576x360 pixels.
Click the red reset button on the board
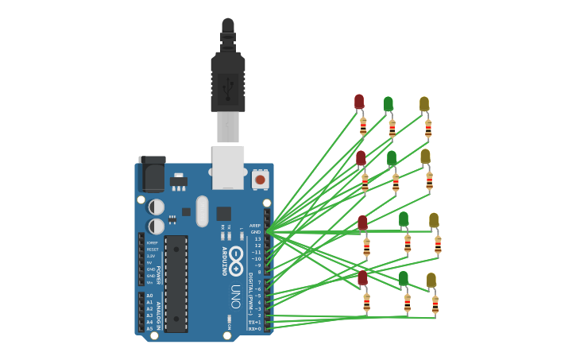260,179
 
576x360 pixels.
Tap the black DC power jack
152,174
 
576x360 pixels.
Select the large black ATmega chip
176,283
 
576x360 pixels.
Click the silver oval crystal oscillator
202,211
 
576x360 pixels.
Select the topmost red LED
359,102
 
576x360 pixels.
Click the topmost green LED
388,104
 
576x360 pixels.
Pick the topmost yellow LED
424,104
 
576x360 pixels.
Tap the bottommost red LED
362,278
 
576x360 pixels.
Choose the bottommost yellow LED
431,281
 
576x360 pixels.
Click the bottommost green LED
404,279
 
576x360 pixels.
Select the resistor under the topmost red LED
363,126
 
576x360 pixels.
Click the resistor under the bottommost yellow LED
435,304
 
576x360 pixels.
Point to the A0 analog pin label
149,296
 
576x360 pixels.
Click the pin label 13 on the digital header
257,239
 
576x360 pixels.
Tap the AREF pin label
255,225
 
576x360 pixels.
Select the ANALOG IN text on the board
158,315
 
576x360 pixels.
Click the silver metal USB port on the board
228,167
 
